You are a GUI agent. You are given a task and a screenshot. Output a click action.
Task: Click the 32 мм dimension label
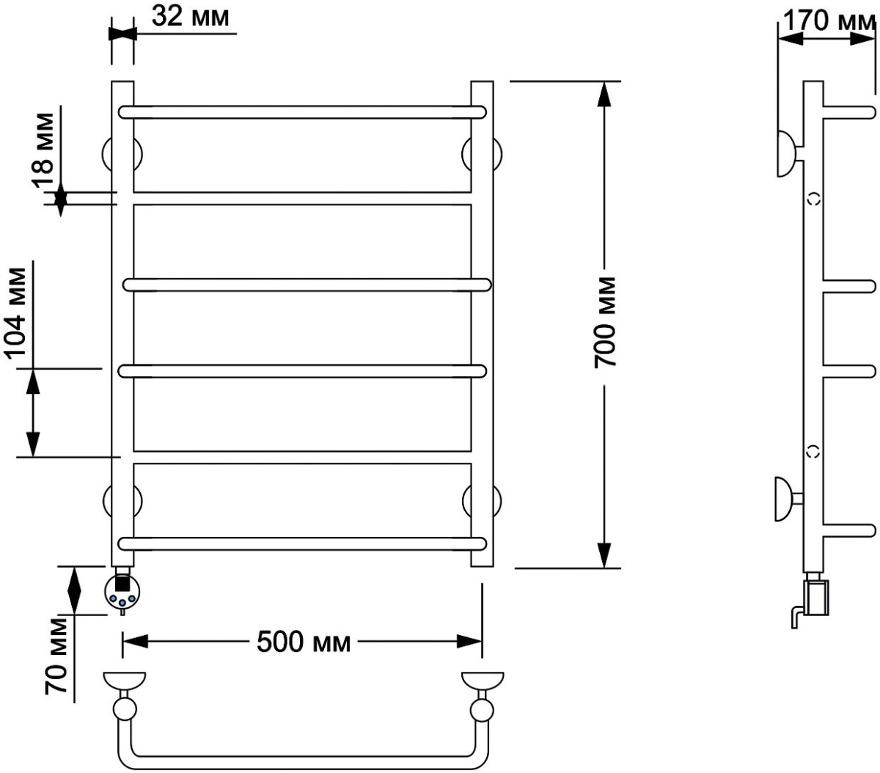pos(190,18)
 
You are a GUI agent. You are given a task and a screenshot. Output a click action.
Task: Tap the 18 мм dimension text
pos(44,150)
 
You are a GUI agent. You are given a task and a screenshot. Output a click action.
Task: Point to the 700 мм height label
pos(604,323)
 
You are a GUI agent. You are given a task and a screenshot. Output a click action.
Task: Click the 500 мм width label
pos(303,641)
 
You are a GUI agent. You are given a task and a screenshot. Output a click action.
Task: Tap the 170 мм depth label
pos(829,21)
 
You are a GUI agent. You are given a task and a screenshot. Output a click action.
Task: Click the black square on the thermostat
pos(122,582)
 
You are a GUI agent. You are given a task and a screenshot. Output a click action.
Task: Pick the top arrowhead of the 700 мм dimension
pos(604,94)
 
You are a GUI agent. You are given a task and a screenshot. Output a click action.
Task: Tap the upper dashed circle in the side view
pos(813,199)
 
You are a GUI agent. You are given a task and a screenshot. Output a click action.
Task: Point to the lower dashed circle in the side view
pos(813,452)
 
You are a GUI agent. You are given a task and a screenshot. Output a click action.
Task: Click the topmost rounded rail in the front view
pos(302,112)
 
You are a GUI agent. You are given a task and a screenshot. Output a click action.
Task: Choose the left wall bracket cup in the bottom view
pos(124,681)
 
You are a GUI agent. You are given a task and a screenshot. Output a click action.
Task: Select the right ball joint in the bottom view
pos(482,711)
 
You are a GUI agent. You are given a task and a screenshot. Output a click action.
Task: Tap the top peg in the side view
pos(848,112)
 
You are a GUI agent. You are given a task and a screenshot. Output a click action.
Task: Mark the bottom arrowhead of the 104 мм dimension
pos(33,444)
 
